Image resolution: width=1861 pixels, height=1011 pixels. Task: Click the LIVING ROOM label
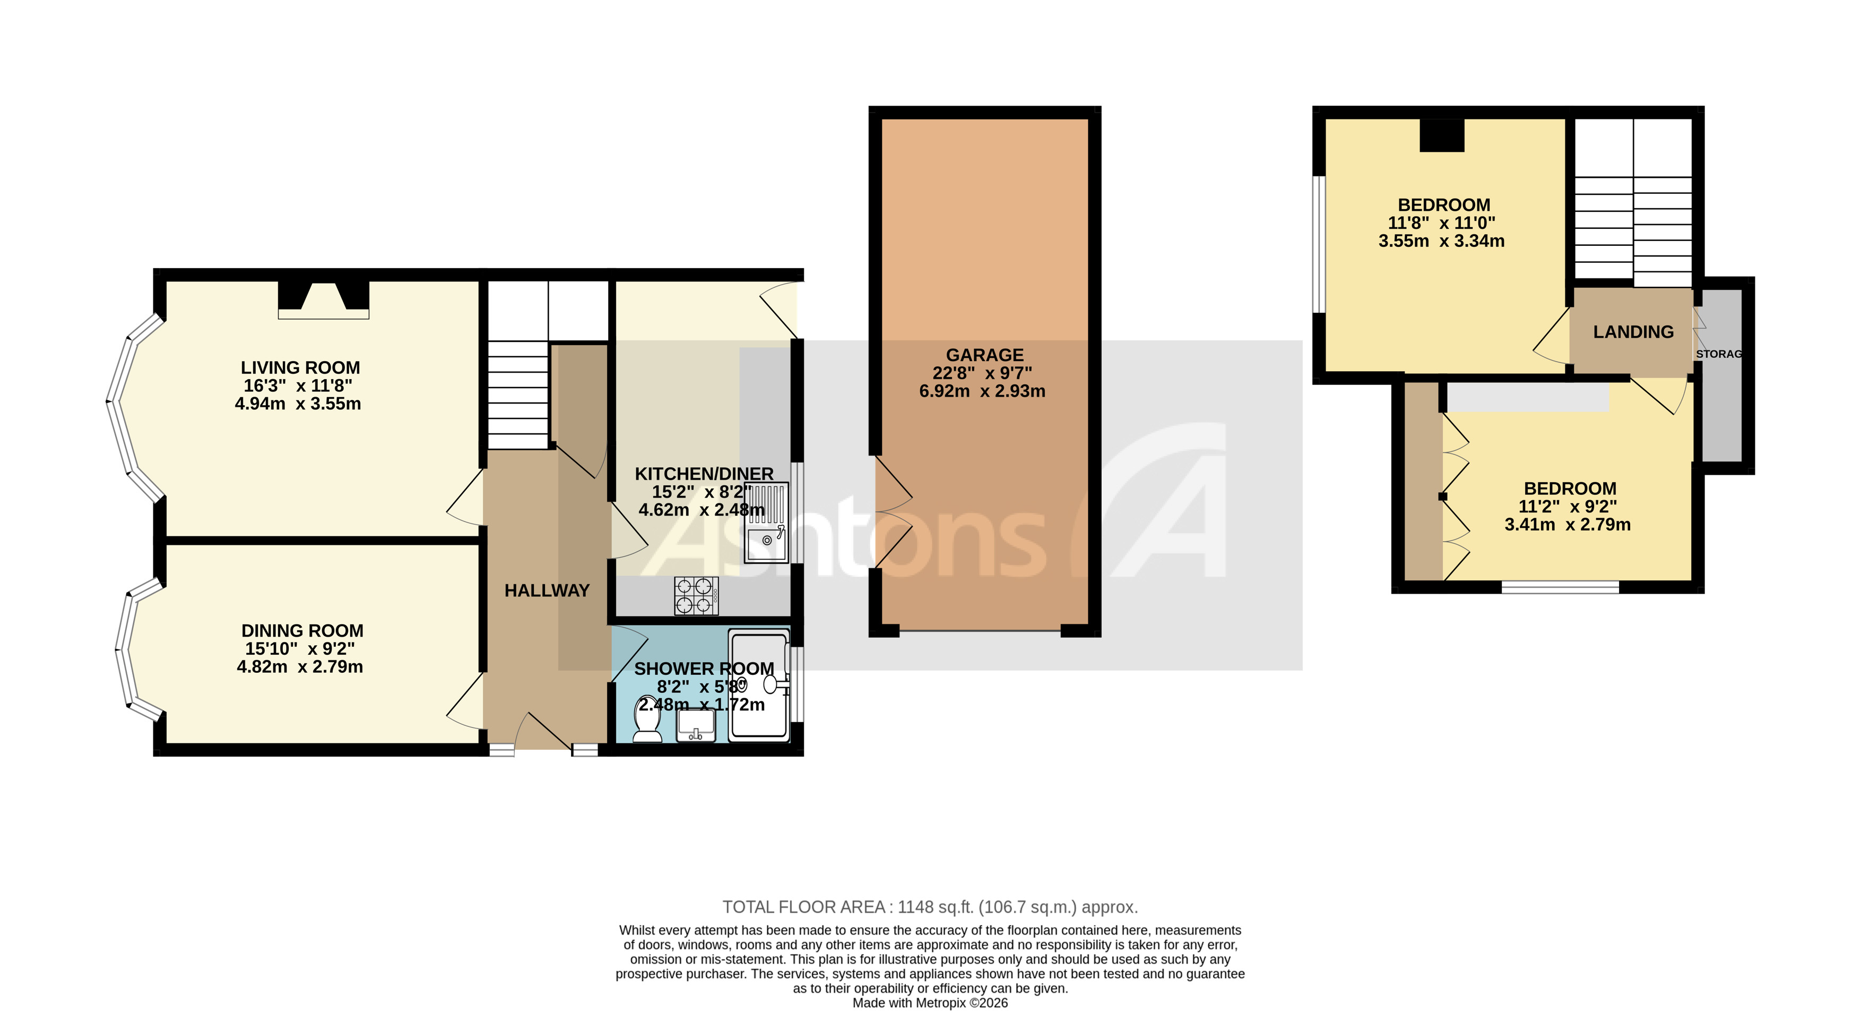pos(300,368)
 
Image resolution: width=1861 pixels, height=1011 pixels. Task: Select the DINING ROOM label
pos(302,631)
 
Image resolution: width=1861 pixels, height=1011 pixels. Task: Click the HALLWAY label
pos(547,591)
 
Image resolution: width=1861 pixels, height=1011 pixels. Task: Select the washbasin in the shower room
pos(696,725)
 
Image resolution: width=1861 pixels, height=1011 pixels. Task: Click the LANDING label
pos(1633,332)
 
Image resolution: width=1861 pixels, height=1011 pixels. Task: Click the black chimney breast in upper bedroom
pos(1441,135)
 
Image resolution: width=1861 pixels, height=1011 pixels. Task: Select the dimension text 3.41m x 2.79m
pos(1567,525)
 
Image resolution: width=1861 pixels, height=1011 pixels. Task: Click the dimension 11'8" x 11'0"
pos(1441,224)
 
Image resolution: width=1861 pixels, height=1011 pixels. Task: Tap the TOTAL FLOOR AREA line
pos(930,907)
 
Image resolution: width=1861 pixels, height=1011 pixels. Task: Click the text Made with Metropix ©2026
pos(930,1003)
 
